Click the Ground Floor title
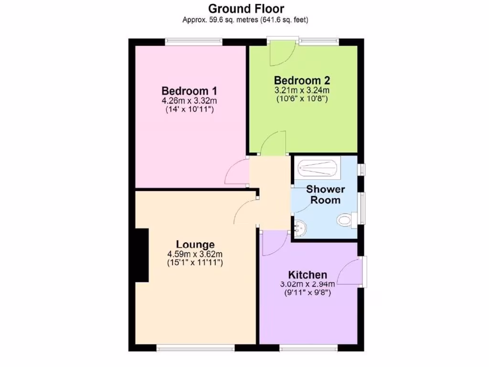click(246, 9)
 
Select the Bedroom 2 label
click(302, 80)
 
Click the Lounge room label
click(195, 245)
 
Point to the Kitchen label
click(308, 275)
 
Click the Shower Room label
click(325, 194)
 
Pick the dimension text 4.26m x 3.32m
click(190, 101)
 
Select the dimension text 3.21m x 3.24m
click(302, 90)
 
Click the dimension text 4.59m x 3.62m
click(195, 254)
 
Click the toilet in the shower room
click(344, 220)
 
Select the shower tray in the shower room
click(317, 168)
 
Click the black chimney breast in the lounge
click(142, 255)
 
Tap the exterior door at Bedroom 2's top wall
click(282, 52)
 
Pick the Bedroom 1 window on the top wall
click(194, 42)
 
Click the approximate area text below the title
click(245, 20)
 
